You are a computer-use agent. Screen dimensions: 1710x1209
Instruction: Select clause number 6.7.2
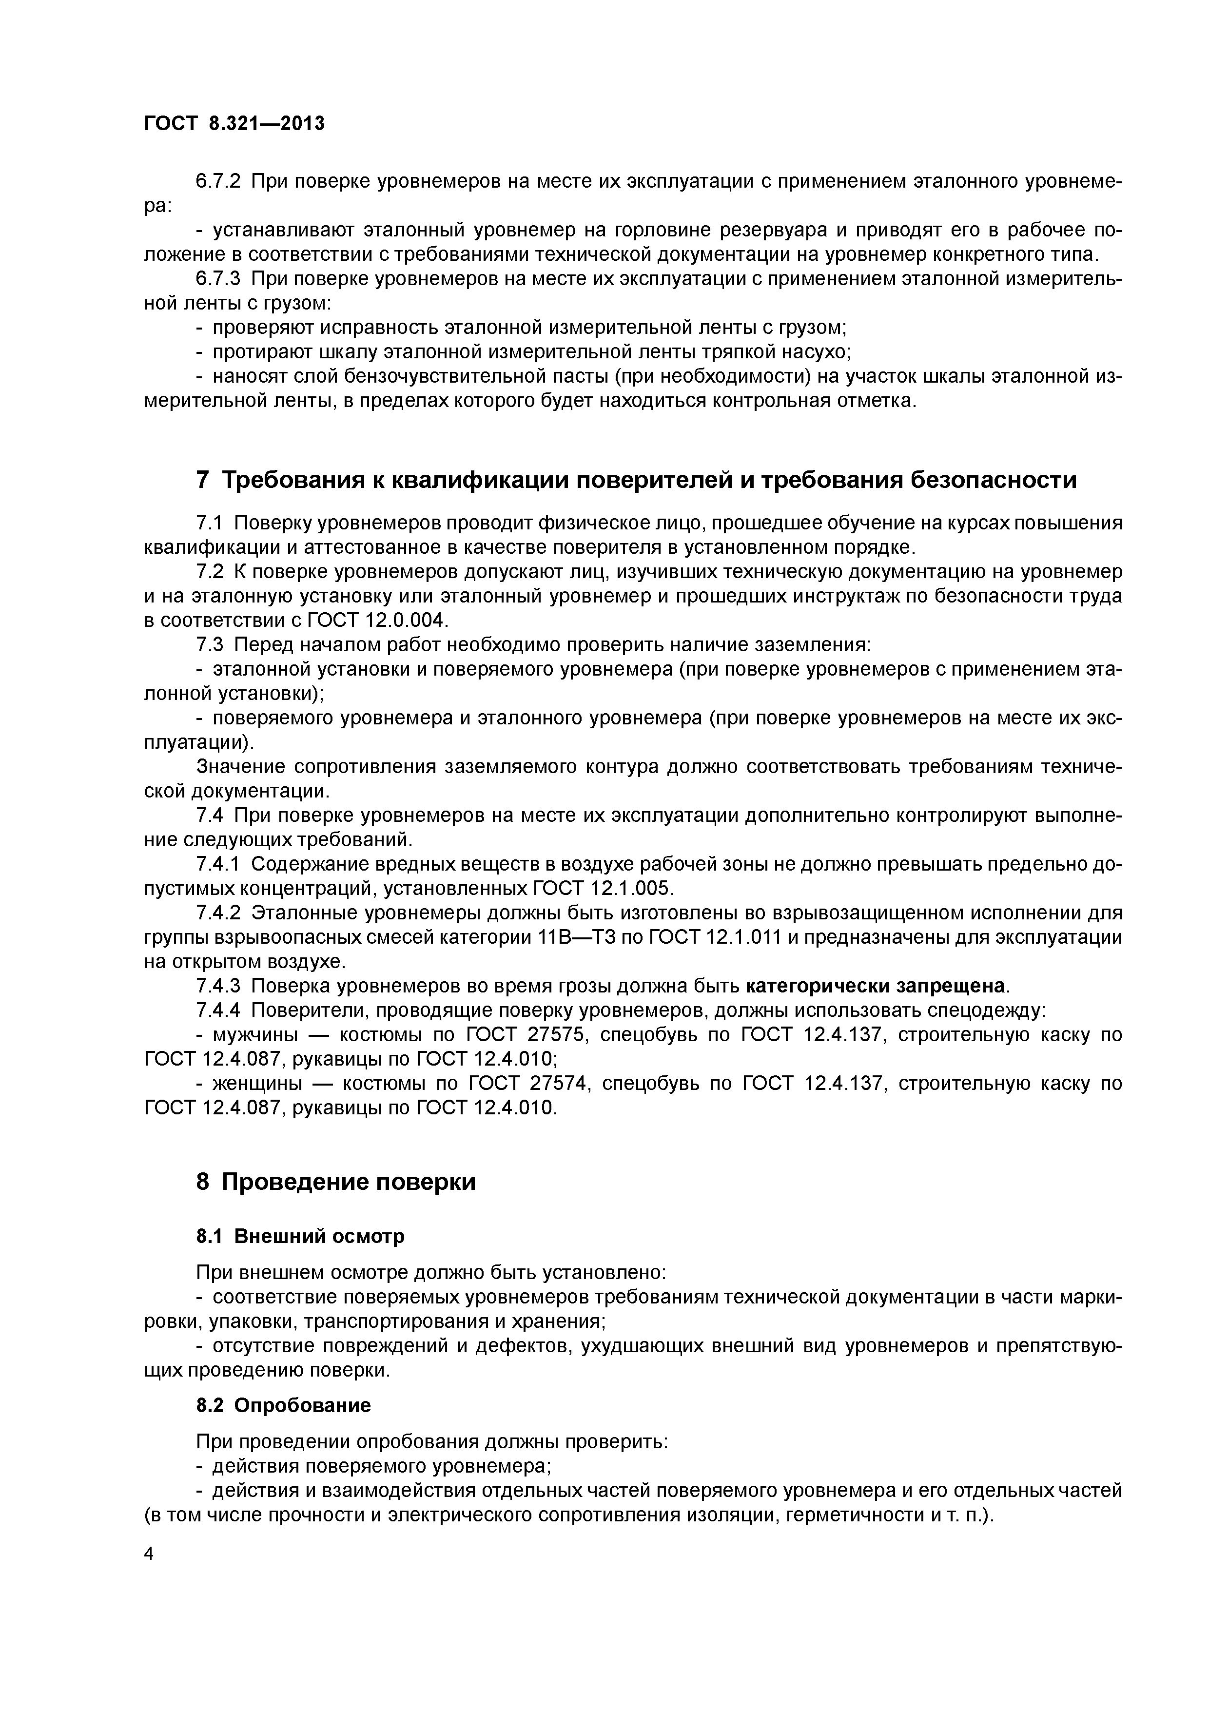[x=217, y=181]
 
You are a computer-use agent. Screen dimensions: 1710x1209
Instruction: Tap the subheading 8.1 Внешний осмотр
[x=300, y=1236]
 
